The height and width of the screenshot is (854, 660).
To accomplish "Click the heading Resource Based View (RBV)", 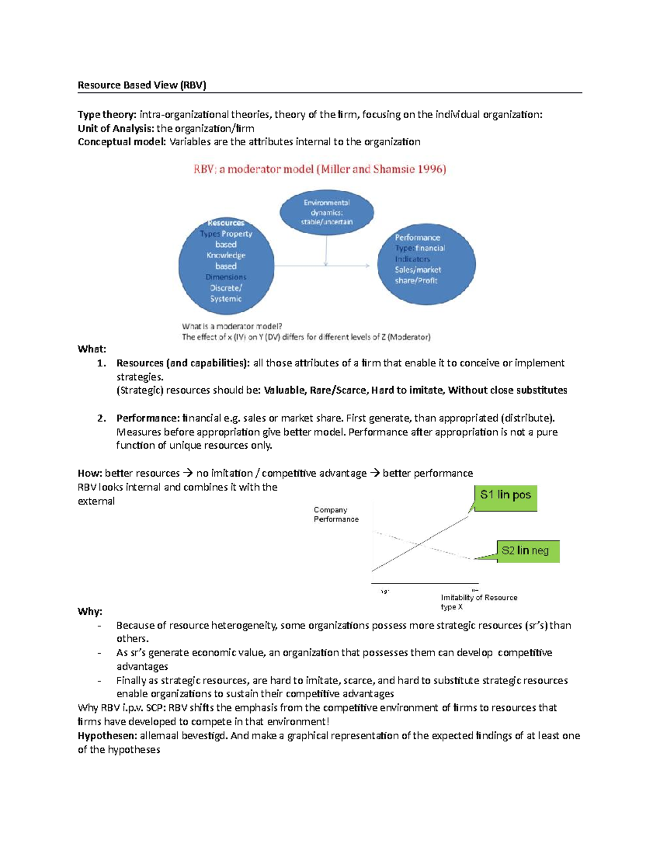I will coord(142,85).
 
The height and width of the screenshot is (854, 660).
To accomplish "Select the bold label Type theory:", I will coord(107,114).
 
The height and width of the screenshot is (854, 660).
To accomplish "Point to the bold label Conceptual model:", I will coord(122,142).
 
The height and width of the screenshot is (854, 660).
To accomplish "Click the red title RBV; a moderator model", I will coord(320,169).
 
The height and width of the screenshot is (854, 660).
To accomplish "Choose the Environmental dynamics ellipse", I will coord(327,212).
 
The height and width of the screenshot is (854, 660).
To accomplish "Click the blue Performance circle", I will coord(426,263).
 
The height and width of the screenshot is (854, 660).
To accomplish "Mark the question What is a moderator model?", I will coord(232,326).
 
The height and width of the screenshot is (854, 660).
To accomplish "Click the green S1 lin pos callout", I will coord(505,497).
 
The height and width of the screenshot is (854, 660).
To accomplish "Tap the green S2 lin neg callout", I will coord(527,551).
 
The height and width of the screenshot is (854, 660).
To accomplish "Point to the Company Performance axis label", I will coord(336,515).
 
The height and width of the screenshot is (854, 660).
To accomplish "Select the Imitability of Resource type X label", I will coord(479,602).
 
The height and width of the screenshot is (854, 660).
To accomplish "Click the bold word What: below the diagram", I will coord(92,349).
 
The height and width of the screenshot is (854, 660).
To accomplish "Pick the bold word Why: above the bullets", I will coord(90,611).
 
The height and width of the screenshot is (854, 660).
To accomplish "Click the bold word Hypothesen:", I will coord(107,736).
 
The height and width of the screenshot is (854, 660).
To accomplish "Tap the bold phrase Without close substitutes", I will coord(507,390).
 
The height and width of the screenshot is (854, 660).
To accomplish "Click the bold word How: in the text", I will coord(90,473).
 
